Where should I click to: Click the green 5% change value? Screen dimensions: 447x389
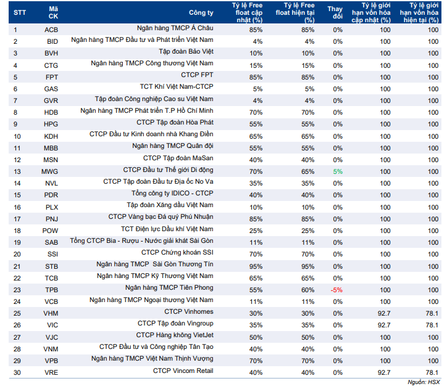[338, 171]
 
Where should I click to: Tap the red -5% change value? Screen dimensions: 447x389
[336, 290]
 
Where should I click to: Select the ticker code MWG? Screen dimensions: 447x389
[49, 171]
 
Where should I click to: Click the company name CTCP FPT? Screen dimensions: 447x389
[197, 75]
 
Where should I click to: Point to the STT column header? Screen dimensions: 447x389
[20, 12]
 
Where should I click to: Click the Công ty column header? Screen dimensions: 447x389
[201, 12]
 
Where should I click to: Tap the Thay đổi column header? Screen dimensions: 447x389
[335, 12]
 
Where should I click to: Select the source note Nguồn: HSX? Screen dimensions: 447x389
[424, 382]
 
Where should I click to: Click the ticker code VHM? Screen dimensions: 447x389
[51, 313]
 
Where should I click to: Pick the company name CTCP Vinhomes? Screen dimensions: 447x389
[189, 311]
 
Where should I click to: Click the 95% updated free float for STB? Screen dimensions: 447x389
[256, 267]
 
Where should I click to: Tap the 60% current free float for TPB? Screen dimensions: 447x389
[308, 290]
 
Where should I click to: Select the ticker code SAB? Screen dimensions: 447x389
[51, 242]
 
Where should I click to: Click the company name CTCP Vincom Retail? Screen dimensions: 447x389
[183, 371]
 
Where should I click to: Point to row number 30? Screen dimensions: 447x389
[17, 372]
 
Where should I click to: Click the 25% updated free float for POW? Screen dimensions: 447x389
[256, 231]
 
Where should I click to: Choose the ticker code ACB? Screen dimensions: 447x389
[51, 30]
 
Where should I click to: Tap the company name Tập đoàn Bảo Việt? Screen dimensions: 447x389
[186, 52]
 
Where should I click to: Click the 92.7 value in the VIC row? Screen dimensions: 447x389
[384, 325]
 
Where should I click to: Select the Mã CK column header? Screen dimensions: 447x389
[53, 12]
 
